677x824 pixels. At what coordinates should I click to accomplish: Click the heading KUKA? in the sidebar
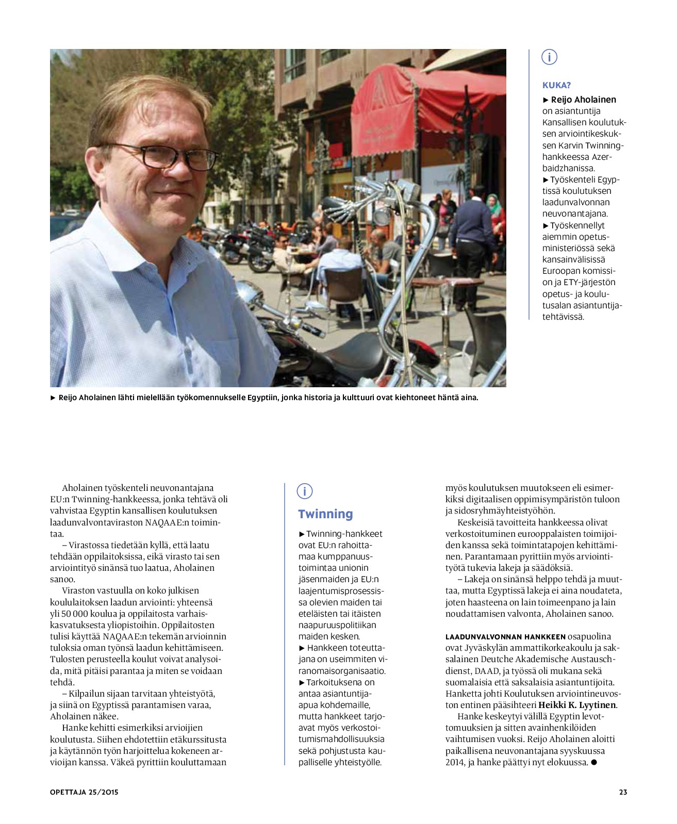[x=556, y=86]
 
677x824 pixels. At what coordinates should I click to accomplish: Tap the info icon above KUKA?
[x=550, y=57]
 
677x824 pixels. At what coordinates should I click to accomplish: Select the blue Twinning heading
[x=325, y=514]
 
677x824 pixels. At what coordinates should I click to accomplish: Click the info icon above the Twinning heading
[x=305, y=491]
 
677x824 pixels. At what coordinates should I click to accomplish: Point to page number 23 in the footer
[x=623, y=792]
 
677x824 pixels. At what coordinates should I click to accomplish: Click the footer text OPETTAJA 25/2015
[x=84, y=792]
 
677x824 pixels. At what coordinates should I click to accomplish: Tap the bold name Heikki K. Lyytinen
[x=577, y=705]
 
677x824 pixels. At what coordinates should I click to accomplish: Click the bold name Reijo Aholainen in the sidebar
[x=583, y=100]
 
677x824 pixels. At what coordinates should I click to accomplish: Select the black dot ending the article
[x=593, y=762]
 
